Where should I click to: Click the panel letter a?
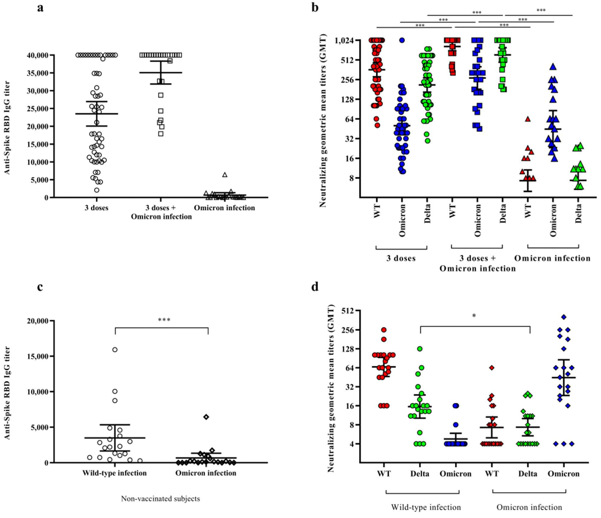tap(40, 8)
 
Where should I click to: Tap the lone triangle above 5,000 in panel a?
tap(225, 175)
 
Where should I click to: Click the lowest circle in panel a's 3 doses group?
tap(97, 190)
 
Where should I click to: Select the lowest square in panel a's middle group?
tap(161, 134)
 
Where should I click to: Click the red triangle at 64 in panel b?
tap(528, 119)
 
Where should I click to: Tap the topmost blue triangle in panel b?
tap(553, 67)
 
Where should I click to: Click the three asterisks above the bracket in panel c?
tap(164, 320)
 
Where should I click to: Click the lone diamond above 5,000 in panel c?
tap(206, 417)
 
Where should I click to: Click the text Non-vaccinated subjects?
tap(160, 499)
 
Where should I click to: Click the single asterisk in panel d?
tap(474, 316)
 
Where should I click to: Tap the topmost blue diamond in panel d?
tap(564, 317)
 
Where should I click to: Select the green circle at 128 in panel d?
tap(420, 349)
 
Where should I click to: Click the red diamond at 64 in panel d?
tap(492, 368)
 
